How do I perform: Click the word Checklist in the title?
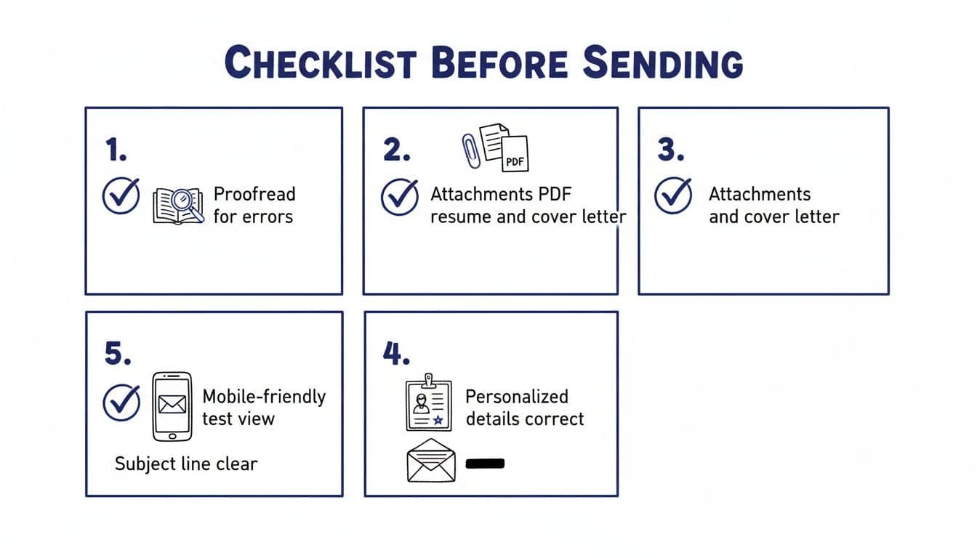coord(320,62)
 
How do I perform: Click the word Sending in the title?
coord(664,62)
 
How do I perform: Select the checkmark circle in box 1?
coord(121,195)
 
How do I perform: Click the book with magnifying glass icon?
coord(178,206)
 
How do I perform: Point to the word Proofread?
coord(254,194)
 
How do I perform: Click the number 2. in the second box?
coord(396,150)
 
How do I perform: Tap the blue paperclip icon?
coord(470,150)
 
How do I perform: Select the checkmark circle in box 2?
coord(400,197)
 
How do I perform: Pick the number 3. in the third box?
coord(671,150)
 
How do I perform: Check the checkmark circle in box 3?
coord(673,195)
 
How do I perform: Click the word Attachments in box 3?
coord(759,194)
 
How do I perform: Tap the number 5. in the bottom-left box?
coord(118,353)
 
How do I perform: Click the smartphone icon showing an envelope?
coord(172,406)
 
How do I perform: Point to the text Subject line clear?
coord(186,464)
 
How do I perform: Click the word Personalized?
coord(516,397)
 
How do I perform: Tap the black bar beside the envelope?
coord(484,464)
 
